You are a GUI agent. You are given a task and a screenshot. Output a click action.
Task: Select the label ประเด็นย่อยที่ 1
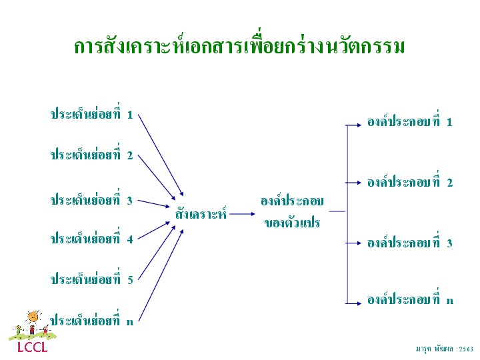click(92, 113)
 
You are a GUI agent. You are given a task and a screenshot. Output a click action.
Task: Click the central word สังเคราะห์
click(201, 213)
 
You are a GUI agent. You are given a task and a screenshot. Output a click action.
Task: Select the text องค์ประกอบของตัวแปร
click(292, 212)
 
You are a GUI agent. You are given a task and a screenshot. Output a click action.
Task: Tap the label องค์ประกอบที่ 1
click(410, 120)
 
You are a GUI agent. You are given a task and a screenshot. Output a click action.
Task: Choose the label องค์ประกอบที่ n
click(410, 298)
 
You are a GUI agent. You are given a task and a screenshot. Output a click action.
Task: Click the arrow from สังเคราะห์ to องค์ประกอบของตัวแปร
click(242, 214)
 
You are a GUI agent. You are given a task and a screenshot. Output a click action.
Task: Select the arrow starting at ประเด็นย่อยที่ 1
click(161, 155)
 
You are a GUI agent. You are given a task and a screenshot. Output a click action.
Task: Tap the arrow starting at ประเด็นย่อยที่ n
click(161, 275)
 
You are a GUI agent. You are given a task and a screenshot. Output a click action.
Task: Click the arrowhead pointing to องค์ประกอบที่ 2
click(359, 183)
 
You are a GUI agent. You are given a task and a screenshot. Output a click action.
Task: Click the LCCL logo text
click(33, 347)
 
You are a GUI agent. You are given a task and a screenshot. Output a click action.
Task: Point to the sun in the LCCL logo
click(33, 317)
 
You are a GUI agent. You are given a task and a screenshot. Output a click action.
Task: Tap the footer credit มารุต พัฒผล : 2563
click(445, 349)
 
